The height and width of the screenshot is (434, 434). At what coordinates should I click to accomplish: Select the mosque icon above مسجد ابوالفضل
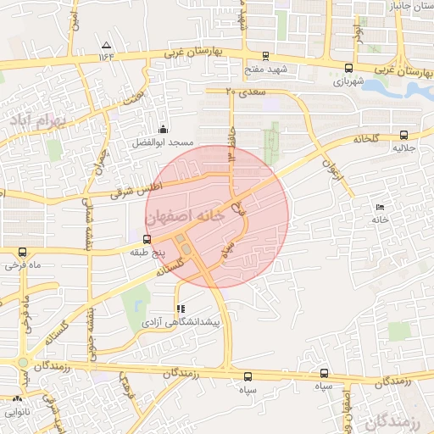click(163, 129)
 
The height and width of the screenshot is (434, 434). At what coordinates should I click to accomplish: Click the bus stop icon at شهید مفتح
click(267, 55)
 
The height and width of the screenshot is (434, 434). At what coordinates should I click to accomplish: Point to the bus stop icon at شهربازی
click(348, 68)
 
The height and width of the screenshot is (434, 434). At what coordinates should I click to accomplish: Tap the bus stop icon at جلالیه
click(403, 134)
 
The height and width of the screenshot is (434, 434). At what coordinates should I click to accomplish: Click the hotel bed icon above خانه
click(379, 207)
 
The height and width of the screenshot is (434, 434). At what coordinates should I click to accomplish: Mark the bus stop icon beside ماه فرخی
click(21, 252)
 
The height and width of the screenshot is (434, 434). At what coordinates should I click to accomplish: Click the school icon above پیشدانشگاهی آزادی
click(180, 309)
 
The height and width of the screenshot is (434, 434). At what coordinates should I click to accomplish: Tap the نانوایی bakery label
click(17, 413)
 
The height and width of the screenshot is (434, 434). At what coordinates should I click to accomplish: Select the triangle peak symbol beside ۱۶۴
click(106, 45)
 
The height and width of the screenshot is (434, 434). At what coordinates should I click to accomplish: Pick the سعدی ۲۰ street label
click(247, 90)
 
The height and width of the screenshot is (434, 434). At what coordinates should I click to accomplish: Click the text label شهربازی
click(348, 82)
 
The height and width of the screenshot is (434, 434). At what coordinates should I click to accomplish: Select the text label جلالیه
click(402, 148)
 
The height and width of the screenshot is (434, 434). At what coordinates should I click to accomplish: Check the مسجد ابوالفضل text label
click(162, 143)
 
